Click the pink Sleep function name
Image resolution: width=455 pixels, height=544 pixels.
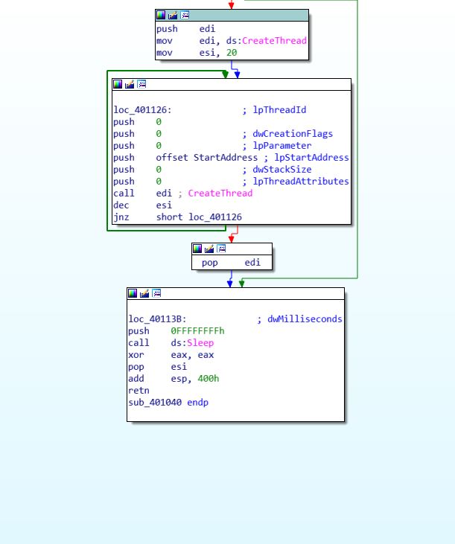coord(200,343)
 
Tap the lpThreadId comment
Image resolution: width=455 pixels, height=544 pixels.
coord(279,110)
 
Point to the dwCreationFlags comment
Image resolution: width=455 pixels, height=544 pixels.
coord(293,134)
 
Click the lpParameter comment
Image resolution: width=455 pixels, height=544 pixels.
coord(282,146)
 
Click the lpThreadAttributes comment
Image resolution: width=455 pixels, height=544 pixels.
coord(301,182)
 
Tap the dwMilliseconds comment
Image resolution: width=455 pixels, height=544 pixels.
coord(305,319)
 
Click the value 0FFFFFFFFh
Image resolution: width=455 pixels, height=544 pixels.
coord(197,331)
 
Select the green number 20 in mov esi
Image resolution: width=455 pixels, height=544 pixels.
coord(232,53)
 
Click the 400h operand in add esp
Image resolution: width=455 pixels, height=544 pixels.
coord(208,379)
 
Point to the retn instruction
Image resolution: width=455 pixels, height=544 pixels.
coord(139,391)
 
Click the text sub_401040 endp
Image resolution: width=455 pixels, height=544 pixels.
coord(168,403)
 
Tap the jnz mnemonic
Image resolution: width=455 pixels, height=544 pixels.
coord(121,217)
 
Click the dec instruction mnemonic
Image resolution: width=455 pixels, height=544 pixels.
coord(121,205)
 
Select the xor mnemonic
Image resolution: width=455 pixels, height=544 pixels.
coord(136,355)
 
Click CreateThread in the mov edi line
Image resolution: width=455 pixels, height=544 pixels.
coord(274,41)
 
